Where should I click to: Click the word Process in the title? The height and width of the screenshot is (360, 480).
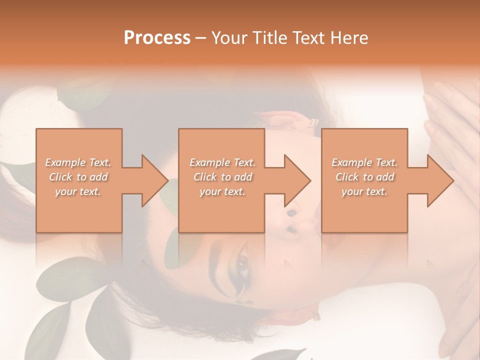click(x=157, y=38)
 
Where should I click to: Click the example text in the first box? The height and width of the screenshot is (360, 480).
click(x=78, y=177)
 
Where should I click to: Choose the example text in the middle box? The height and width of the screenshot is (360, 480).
click(x=222, y=177)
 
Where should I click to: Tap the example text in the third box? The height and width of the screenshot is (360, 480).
click(x=364, y=177)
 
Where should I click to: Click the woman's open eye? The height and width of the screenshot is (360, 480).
click(x=243, y=263)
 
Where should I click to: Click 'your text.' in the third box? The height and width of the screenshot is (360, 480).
click(x=364, y=191)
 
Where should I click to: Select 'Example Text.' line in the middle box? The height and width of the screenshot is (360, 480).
click(x=222, y=162)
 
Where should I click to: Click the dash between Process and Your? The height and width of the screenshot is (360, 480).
click(x=200, y=38)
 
